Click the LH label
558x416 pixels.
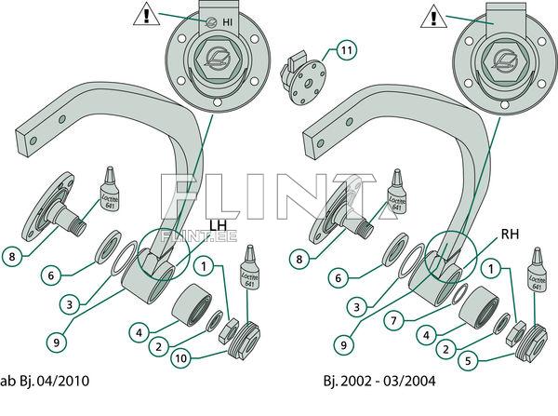(x=217, y=225)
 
